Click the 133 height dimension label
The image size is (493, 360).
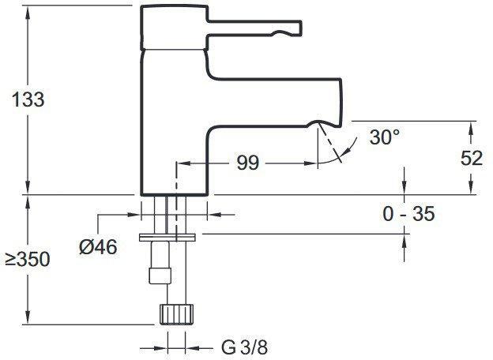tap(28, 99)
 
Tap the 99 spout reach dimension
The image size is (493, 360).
tap(248, 163)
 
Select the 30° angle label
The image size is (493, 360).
tap(385, 137)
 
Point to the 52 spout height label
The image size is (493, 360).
tap(472, 158)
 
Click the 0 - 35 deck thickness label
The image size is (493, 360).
tap(408, 214)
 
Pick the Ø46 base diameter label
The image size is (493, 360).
tap(98, 246)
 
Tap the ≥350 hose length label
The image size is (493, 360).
tap(28, 260)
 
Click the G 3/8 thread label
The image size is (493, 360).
tap(245, 347)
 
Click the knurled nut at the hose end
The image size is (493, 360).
tap(176, 314)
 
